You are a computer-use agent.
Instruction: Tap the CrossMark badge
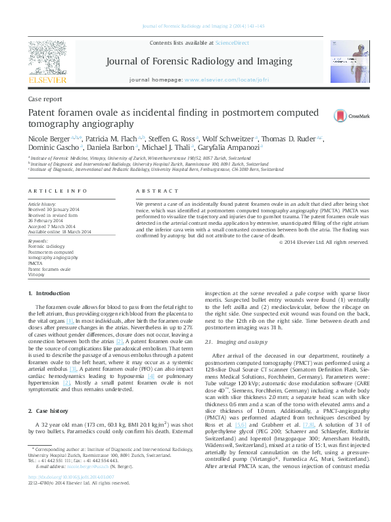(x=342, y=115)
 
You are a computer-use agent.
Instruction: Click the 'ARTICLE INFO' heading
(x=58, y=191)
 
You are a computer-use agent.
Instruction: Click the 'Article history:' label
(x=43, y=204)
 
